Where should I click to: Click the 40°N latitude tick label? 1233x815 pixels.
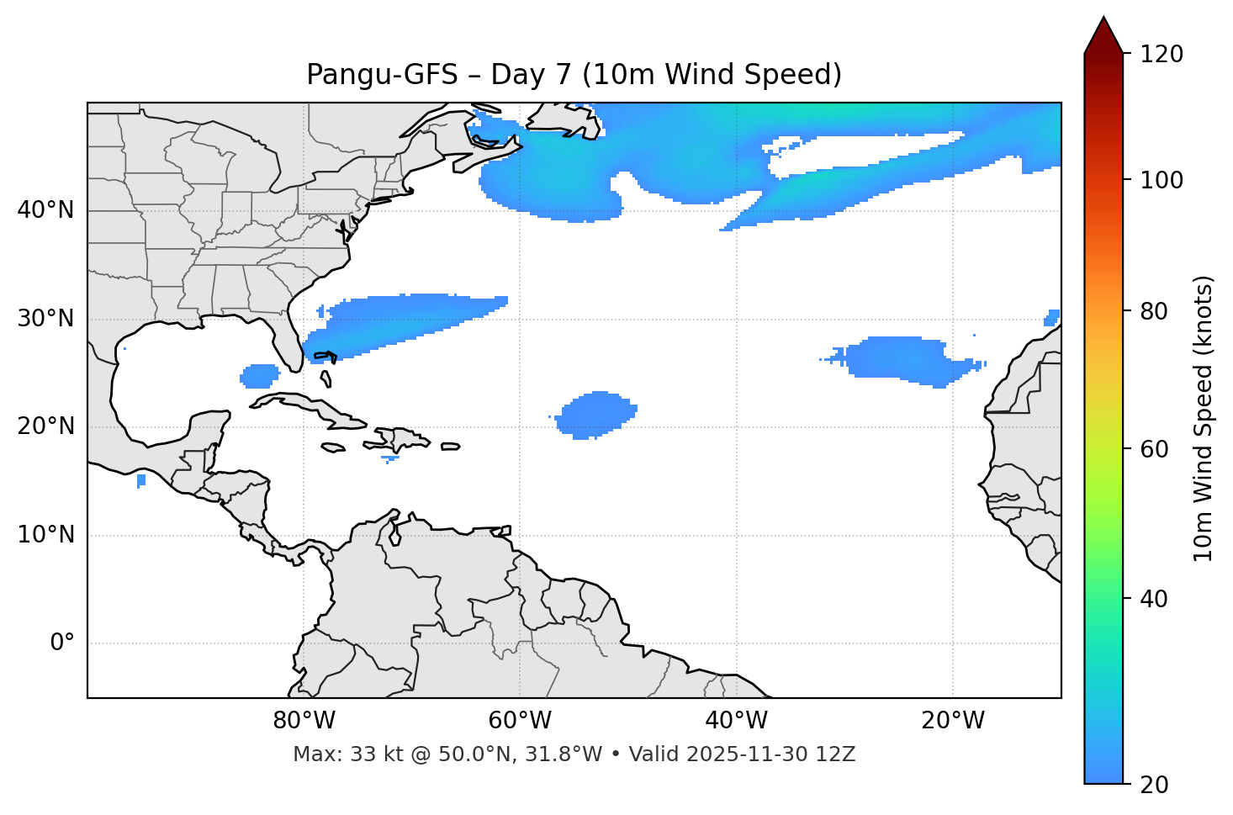(45, 210)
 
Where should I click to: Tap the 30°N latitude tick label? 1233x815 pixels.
(45, 319)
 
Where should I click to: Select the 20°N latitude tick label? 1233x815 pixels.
(45, 427)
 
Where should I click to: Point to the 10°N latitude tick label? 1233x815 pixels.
(45, 535)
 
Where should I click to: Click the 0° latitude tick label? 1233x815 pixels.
(62, 643)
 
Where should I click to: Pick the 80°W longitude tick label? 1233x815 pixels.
(304, 721)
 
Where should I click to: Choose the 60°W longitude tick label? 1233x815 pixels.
(520, 721)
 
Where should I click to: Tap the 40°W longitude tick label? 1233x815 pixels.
(736, 721)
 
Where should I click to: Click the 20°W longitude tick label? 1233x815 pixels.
(952, 721)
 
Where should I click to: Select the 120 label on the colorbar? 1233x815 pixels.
(1162, 55)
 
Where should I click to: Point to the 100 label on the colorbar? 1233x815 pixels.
(1162, 180)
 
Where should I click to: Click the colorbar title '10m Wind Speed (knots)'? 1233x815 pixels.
(1204, 419)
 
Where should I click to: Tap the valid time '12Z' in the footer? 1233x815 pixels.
(837, 754)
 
